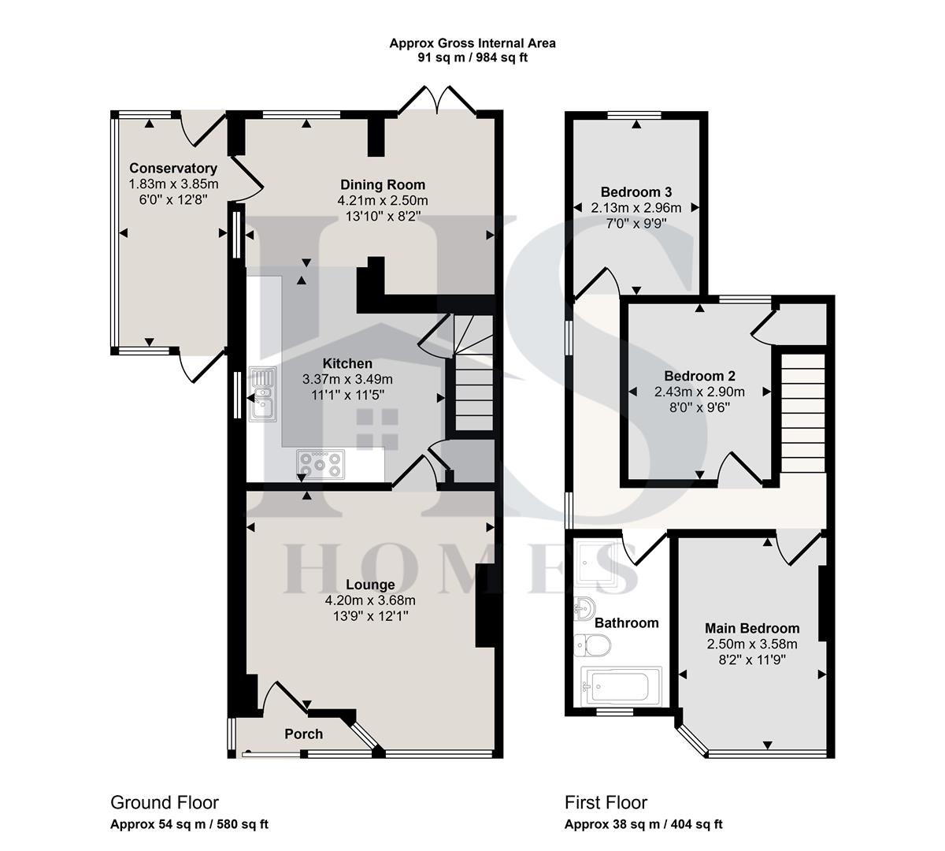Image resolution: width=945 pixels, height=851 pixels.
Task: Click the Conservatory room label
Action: click(x=173, y=168)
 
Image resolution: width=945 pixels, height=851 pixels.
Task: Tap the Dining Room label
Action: click(x=383, y=185)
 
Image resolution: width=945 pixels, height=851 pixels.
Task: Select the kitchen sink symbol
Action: click(x=261, y=393)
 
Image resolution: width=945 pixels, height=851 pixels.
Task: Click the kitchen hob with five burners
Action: click(x=321, y=463)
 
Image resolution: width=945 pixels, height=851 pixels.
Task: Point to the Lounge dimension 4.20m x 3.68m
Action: click(x=370, y=600)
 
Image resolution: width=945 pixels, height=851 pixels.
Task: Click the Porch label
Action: click(x=303, y=734)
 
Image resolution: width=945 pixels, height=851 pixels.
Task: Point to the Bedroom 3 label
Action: click(x=636, y=191)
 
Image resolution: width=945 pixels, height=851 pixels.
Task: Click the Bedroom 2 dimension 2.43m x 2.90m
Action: click(x=699, y=391)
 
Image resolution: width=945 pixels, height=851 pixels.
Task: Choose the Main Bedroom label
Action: click(x=751, y=628)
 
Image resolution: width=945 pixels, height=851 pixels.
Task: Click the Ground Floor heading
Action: click(x=165, y=802)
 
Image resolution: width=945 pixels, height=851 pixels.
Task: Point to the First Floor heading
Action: click(x=606, y=802)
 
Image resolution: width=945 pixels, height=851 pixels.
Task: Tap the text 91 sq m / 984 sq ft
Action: click(x=472, y=58)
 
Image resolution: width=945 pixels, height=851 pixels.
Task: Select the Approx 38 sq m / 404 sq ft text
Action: click(x=643, y=824)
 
